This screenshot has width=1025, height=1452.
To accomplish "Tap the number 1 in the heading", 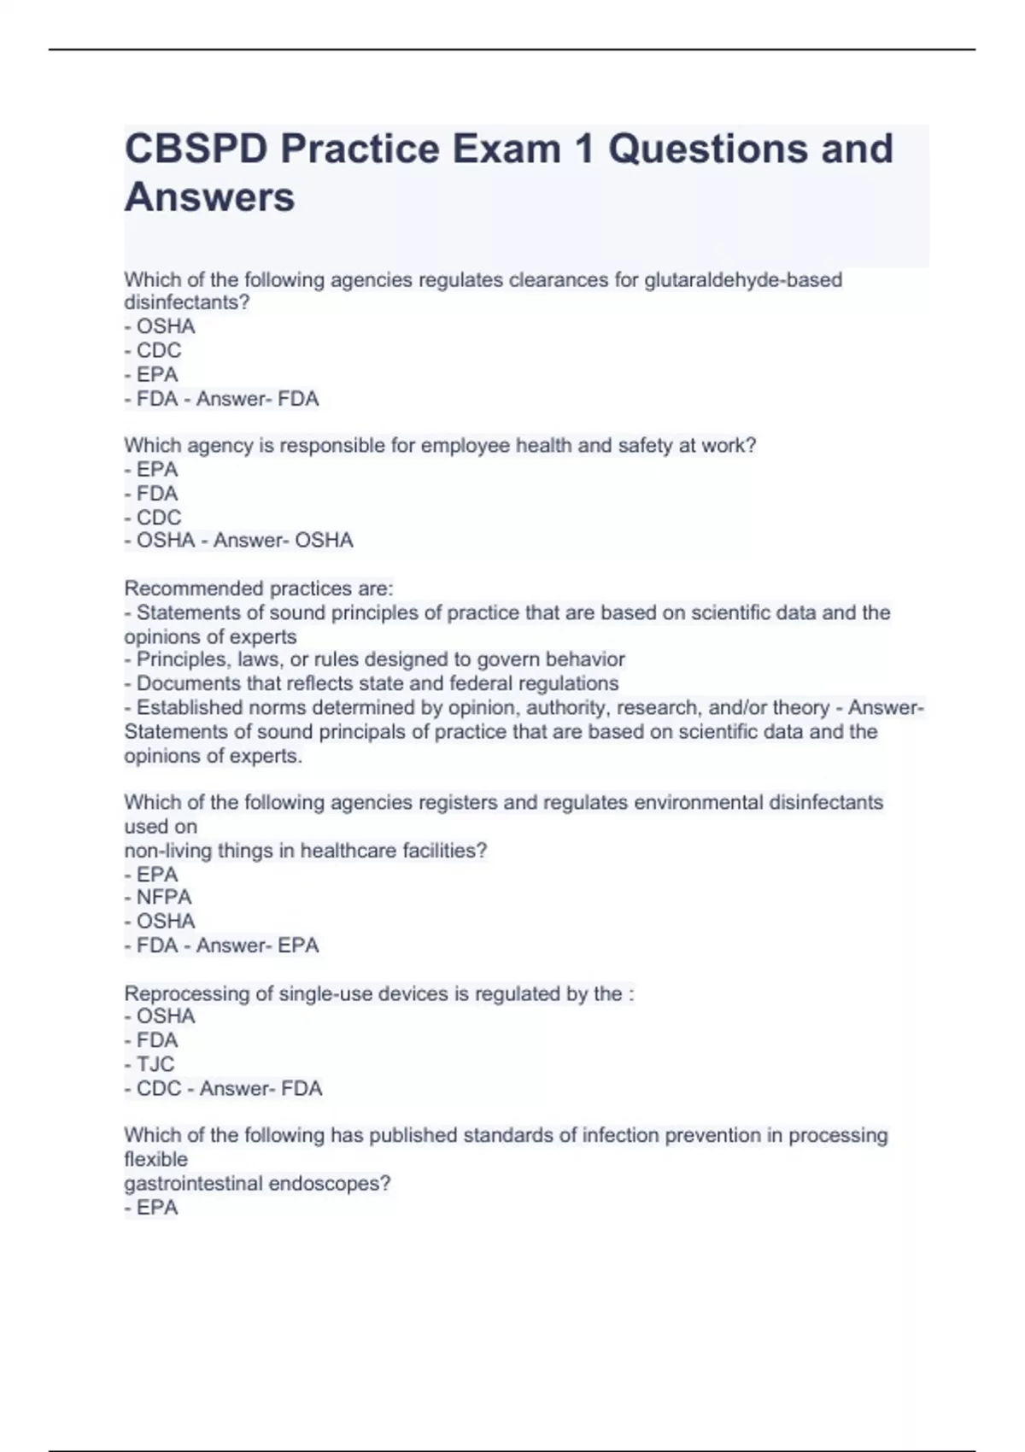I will pyautogui.click(x=583, y=149).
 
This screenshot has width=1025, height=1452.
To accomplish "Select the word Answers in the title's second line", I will pyautogui.click(x=210, y=197).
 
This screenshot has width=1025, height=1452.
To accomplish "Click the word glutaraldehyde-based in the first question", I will pyautogui.click(x=743, y=280).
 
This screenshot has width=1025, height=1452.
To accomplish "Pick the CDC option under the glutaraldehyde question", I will pyautogui.click(x=154, y=350).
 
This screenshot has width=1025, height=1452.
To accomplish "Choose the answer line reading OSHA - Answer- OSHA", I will pyautogui.click(x=239, y=541).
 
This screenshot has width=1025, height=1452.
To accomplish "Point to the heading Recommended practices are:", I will pyautogui.click(x=259, y=588).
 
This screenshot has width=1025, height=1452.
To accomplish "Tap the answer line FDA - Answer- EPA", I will pyautogui.click(x=222, y=946).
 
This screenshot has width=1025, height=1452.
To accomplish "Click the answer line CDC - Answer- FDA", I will pyautogui.click(x=224, y=1089).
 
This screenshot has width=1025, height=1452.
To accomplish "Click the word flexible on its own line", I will pyautogui.click(x=155, y=1160).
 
